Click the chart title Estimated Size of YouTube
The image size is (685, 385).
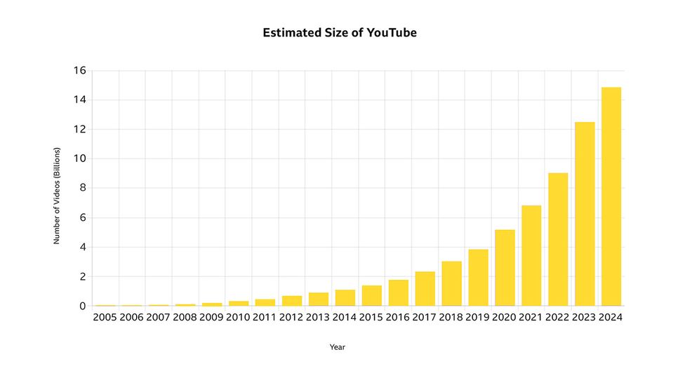(340, 33)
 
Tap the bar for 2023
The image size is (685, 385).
(585, 214)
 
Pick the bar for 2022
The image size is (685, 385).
(558, 239)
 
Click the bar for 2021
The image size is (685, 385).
(531, 255)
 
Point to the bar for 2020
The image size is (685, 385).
(505, 267)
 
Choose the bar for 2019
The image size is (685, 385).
(478, 277)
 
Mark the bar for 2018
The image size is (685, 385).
(451, 283)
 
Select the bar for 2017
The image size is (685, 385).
(425, 288)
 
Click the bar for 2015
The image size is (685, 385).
(371, 295)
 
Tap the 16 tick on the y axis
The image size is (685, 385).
(79, 71)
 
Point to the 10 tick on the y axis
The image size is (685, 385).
(79, 159)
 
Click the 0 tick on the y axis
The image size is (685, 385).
(82, 306)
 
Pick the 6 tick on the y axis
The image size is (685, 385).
(82, 218)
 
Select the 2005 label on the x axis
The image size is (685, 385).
(105, 318)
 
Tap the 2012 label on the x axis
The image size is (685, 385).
(291, 318)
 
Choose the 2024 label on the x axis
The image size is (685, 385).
(611, 318)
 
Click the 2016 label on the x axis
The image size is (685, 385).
(398, 318)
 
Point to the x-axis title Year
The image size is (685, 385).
(338, 347)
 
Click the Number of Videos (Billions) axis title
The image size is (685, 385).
(57, 196)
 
